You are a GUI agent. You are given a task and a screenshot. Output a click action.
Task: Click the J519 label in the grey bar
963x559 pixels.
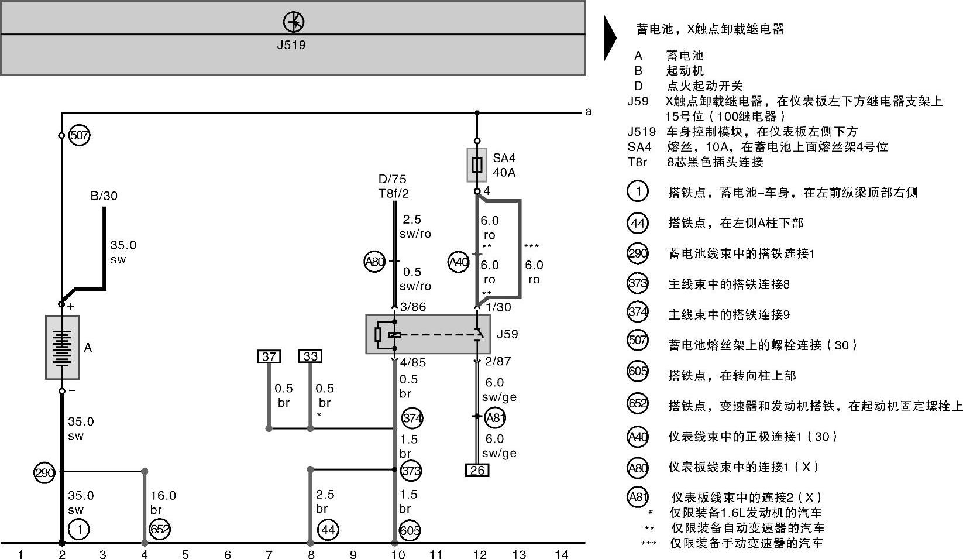291,45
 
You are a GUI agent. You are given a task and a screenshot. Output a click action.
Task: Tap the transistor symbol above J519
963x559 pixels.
294,22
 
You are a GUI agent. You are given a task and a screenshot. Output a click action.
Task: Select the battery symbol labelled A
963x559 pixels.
62,347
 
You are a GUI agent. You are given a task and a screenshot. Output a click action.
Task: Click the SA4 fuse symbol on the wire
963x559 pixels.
477,164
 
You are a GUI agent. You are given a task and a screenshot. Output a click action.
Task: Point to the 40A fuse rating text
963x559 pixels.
504,173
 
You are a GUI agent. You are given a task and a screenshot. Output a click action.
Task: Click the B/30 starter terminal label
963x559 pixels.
104,196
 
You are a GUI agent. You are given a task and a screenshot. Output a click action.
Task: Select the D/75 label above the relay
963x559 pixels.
392,179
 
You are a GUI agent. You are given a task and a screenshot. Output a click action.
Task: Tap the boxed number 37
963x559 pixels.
269,356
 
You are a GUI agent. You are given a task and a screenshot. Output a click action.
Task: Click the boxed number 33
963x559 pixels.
310,356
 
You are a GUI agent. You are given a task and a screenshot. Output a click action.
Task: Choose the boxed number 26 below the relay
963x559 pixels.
477,470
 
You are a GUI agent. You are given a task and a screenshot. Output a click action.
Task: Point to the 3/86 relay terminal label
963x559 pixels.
412,307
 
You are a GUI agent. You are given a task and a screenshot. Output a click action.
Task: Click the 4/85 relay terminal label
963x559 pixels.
412,362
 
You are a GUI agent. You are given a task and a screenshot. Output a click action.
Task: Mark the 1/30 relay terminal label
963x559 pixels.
498,307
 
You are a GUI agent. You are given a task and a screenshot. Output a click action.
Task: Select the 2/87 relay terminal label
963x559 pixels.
498,362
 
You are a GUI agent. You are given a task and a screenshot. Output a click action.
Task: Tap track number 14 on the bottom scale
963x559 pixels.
561,554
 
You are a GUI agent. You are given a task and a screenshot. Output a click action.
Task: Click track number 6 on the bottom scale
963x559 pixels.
228,554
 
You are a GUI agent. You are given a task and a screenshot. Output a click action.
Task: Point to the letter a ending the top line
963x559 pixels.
588,111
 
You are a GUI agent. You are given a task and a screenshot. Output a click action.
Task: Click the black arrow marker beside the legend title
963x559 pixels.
610,37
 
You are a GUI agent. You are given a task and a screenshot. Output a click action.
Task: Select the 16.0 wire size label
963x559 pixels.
163,496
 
